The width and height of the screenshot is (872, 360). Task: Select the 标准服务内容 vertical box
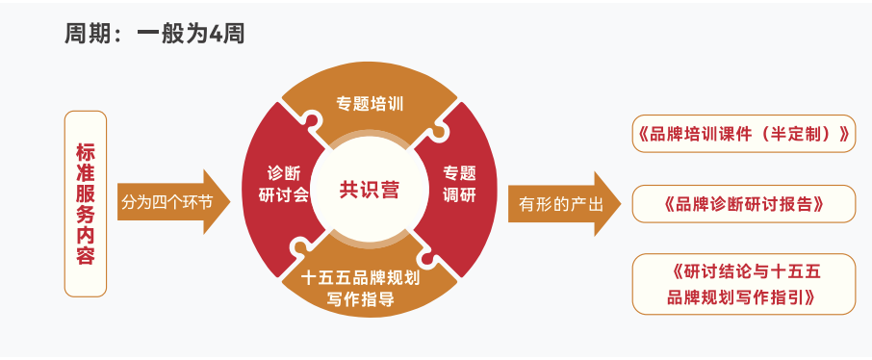(86, 203)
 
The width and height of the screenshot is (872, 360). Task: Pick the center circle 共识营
(369, 190)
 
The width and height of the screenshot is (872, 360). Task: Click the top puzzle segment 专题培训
(369, 103)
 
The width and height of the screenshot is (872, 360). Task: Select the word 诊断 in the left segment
(283, 173)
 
